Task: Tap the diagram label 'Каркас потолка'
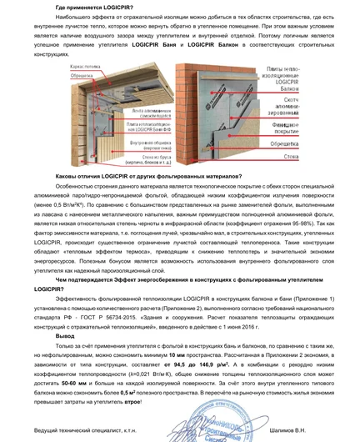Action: coord(86,62)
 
